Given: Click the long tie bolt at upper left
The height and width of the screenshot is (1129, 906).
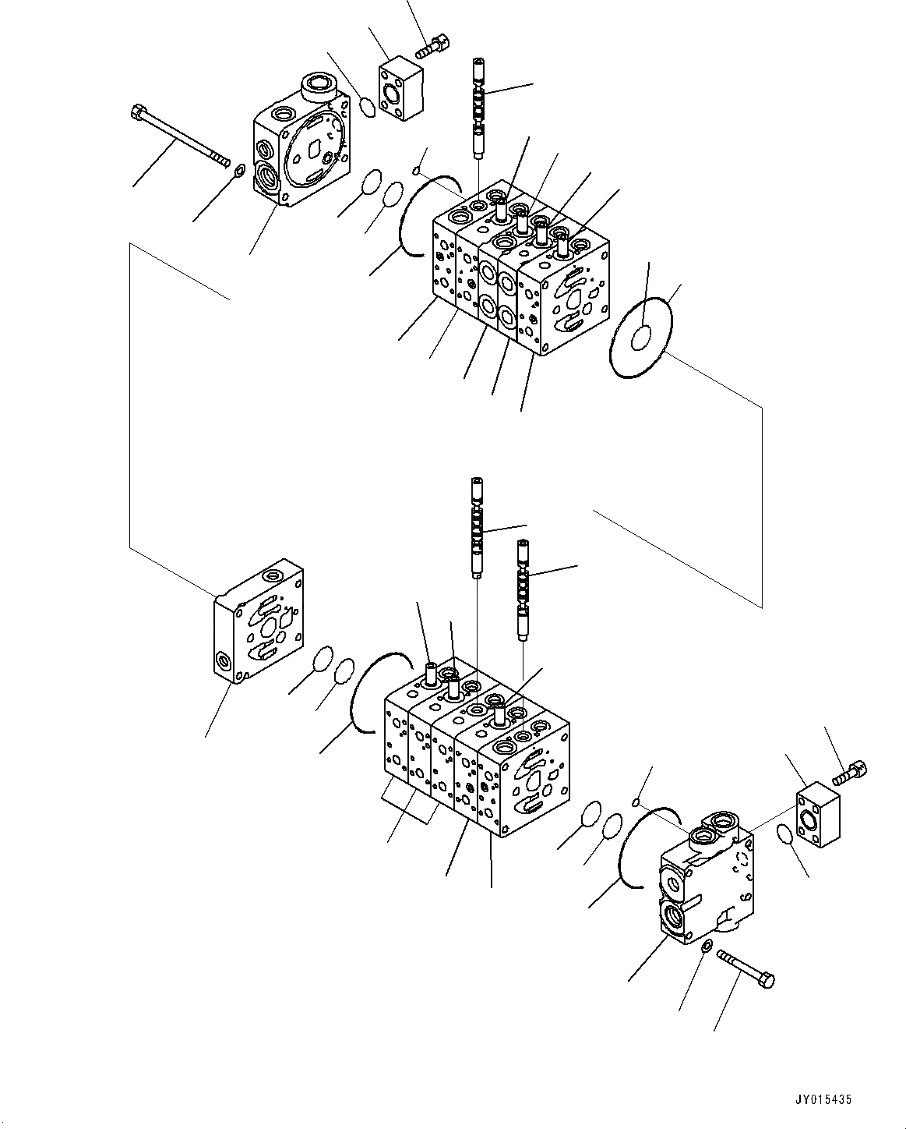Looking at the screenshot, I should click(181, 137).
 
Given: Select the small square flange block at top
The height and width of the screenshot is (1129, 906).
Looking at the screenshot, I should click(400, 91).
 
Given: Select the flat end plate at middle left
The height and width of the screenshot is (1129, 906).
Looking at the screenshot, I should click(258, 620).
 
